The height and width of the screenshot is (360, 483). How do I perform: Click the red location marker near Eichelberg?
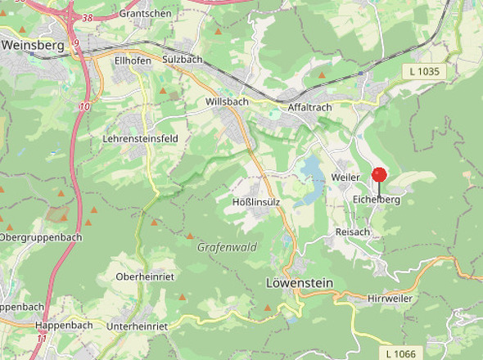click(379, 174)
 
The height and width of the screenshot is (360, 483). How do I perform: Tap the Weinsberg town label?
click(33, 46)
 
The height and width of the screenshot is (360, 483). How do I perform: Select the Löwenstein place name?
click(300, 282)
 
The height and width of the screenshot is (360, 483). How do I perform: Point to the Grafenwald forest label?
click(227, 246)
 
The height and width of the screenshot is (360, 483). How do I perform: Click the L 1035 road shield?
click(424, 72)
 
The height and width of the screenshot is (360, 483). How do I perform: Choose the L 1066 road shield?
click(400, 353)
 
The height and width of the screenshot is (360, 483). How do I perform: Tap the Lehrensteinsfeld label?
click(140, 139)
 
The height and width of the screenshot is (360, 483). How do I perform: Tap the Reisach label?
click(353, 232)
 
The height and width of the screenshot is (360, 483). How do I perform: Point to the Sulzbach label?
click(182, 60)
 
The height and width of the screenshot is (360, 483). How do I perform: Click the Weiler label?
click(346, 178)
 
